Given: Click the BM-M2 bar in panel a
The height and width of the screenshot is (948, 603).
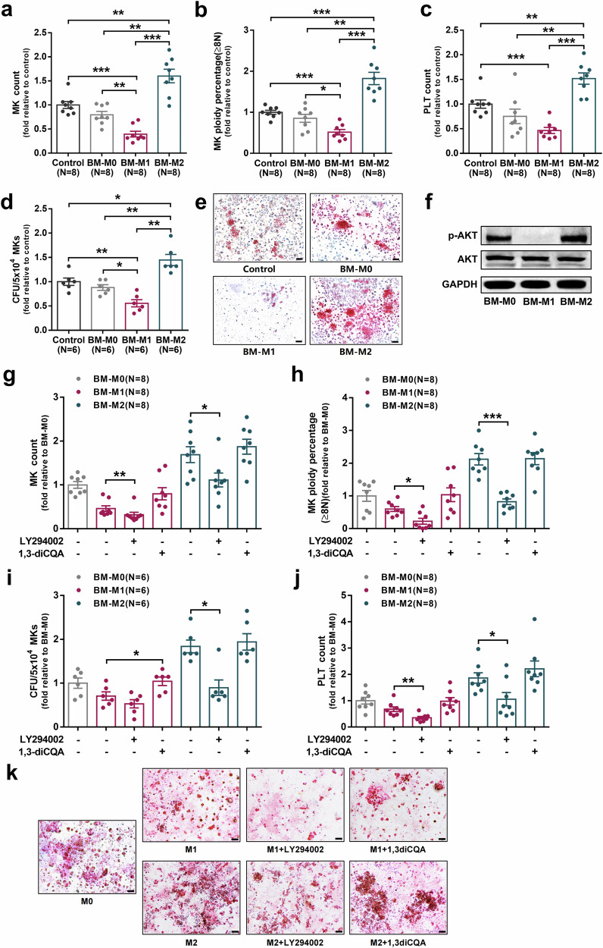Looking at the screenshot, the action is tap(169, 115).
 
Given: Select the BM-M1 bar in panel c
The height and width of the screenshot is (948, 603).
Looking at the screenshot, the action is tap(549, 141).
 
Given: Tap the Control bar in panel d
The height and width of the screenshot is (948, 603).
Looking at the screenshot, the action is tap(69, 306).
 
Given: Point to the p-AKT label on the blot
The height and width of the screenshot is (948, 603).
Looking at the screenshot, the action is tap(464, 236).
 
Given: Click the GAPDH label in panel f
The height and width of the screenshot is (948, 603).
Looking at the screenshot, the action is tap(460, 284).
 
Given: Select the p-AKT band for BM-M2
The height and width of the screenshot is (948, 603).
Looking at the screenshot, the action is tap(575, 238).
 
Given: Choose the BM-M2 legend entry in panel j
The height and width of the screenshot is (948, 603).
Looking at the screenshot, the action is tap(401, 604).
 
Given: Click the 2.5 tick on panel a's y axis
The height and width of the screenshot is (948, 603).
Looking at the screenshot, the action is tap(42, 32).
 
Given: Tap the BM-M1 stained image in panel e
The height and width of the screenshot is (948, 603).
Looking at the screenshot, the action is tap(259, 311).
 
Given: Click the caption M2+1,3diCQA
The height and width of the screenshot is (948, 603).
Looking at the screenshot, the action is tap(398, 943).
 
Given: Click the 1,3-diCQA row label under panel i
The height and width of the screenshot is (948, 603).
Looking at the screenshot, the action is tap(42, 752).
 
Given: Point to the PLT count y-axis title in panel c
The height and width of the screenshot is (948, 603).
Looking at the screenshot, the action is tap(427, 92).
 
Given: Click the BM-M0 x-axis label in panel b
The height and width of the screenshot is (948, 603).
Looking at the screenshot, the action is tap(305, 163).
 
